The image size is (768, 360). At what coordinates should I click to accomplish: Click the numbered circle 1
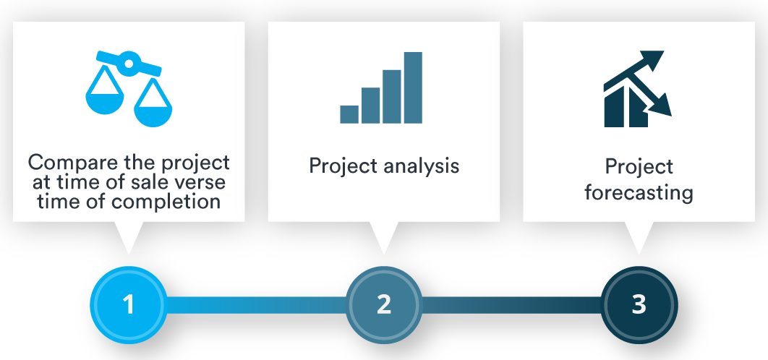click(x=129, y=304)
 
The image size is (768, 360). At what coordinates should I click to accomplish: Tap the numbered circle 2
click(x=384, y=304)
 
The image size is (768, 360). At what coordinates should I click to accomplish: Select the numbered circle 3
click(x=639, y=304)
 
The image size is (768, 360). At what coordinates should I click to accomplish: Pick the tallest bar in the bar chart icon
click(x=413, y=87)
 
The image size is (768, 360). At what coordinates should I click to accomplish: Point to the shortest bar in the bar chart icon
click(x=349, y=114)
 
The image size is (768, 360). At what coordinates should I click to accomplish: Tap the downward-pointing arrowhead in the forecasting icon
click(x=661, y=107)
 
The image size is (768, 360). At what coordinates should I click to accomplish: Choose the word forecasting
click(x=639, y=193)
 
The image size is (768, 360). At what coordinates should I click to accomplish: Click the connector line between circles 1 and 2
click(x=256, y=304)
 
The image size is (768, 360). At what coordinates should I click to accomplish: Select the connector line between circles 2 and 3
click(x=511, y=304)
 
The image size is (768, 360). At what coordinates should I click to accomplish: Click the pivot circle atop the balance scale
click(x=129, y=64)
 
